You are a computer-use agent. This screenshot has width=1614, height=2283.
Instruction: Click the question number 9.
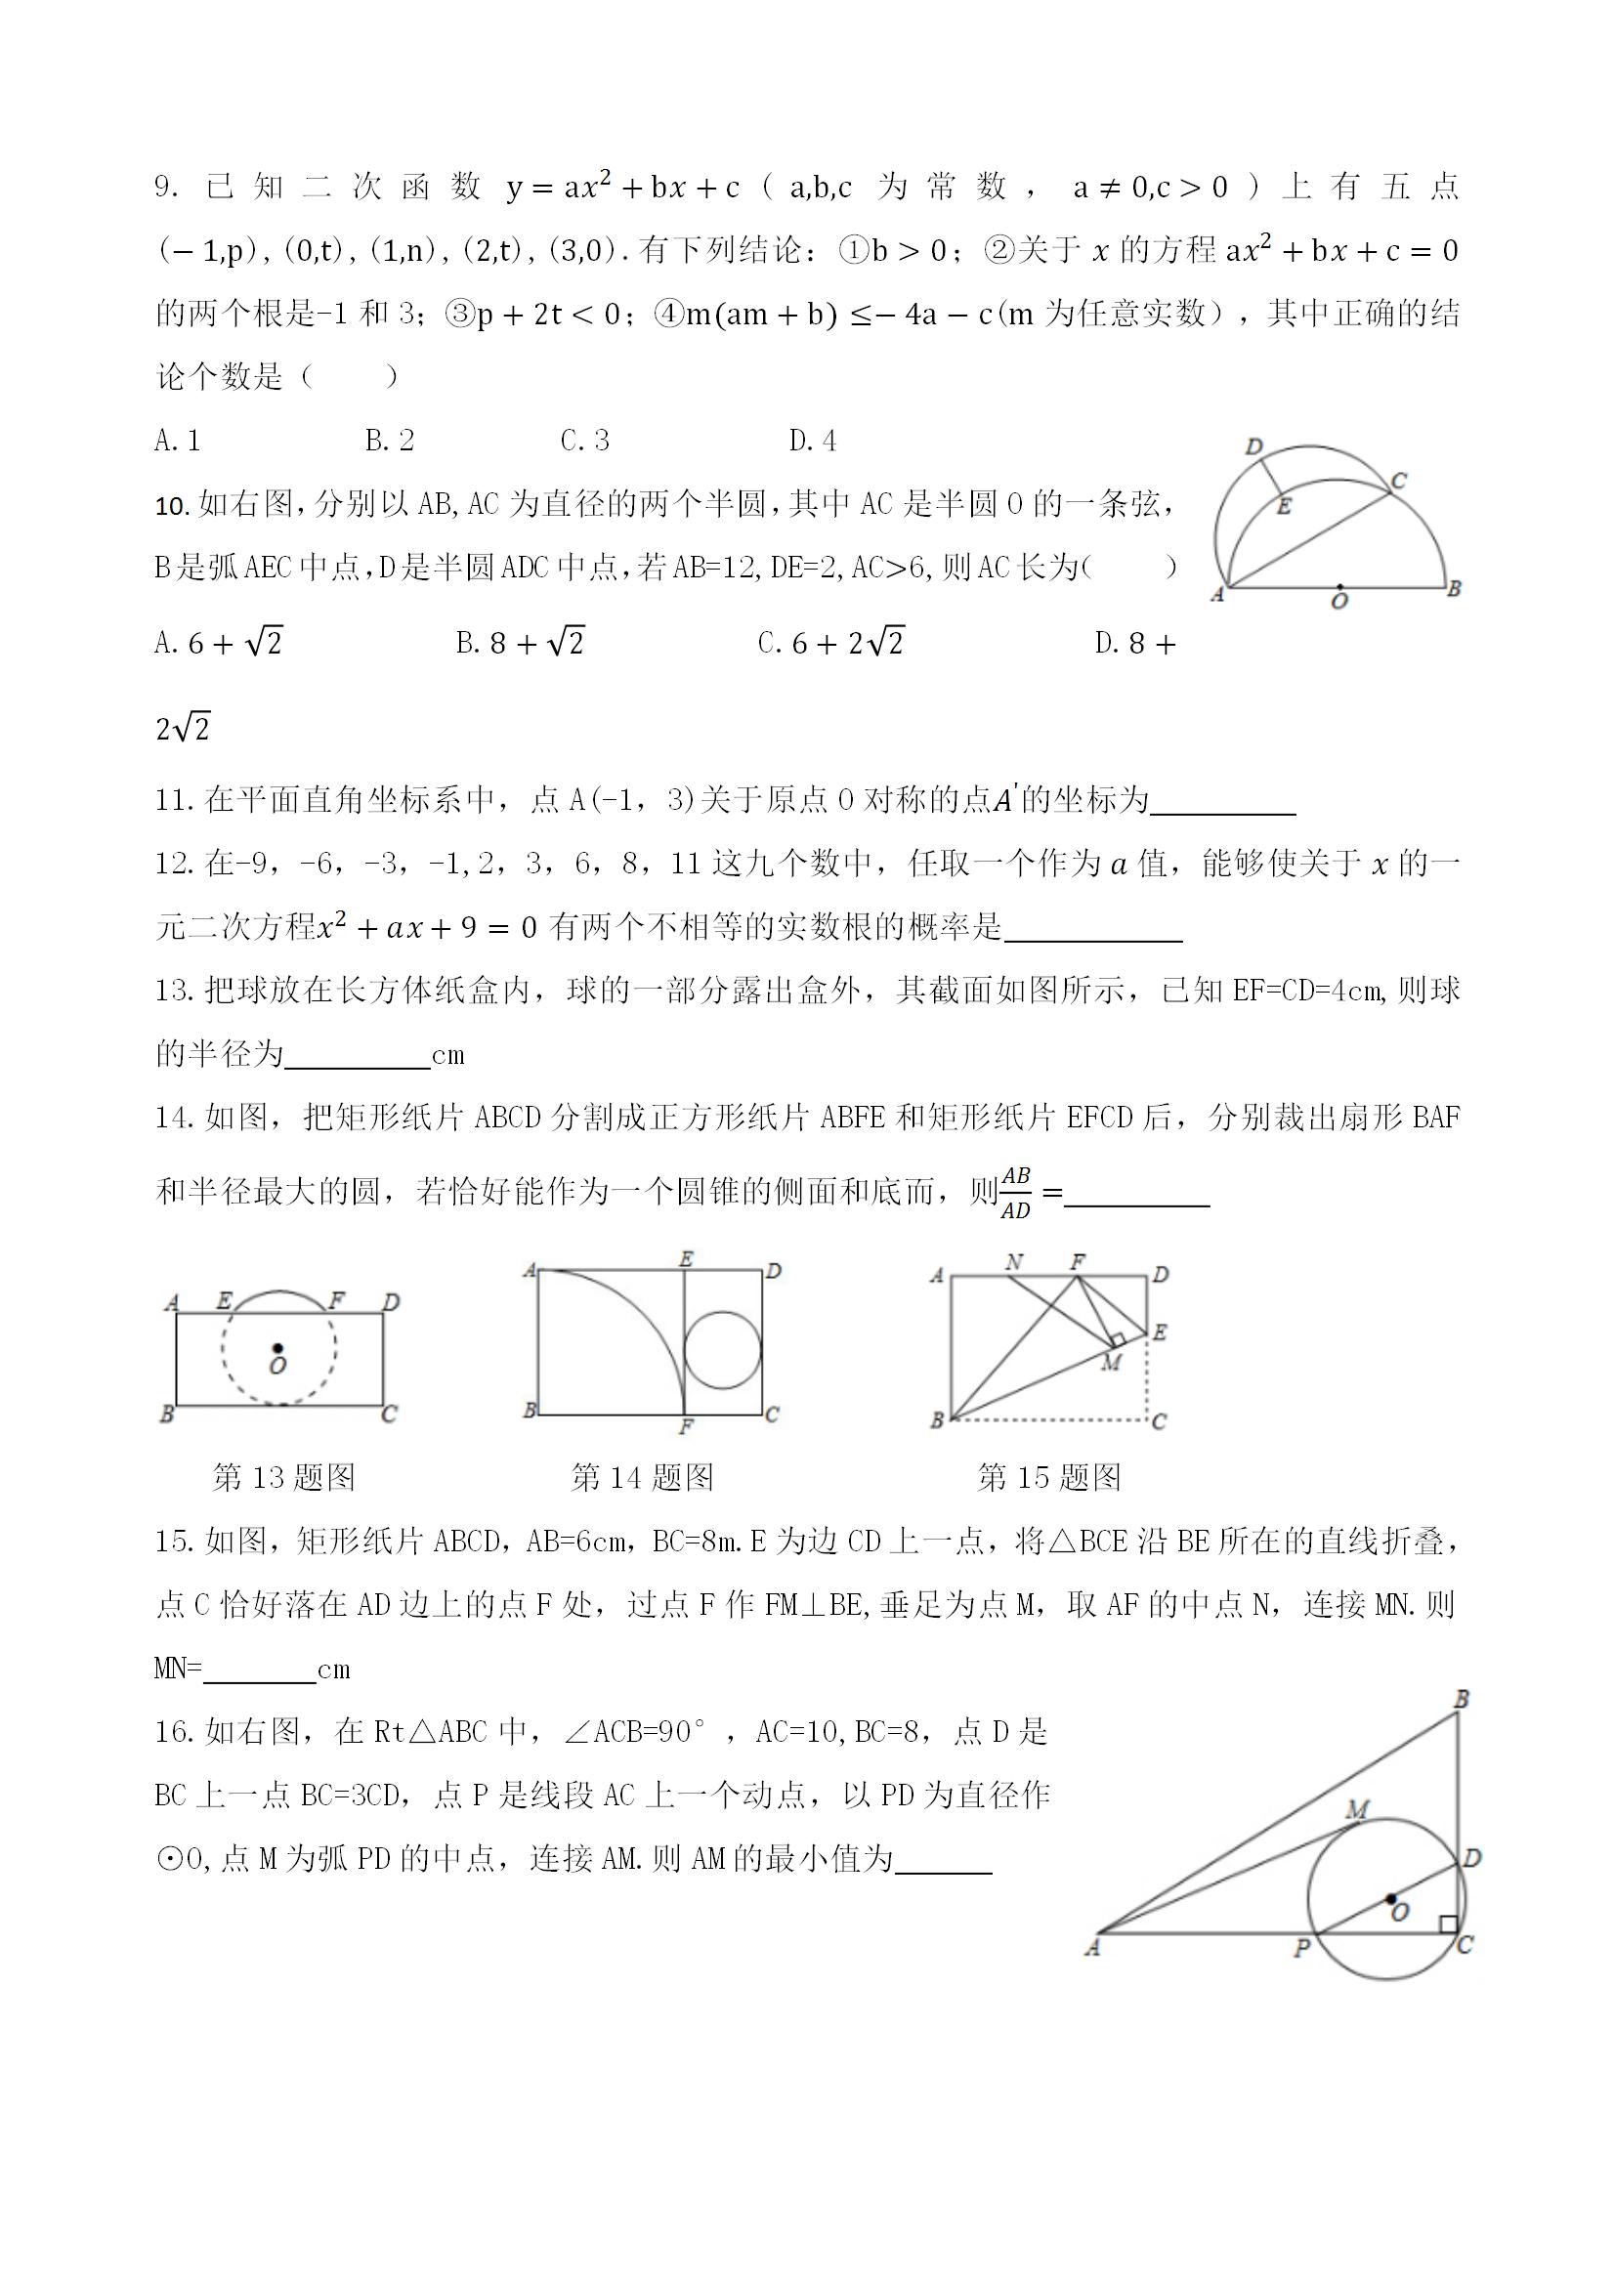tap(166, 188)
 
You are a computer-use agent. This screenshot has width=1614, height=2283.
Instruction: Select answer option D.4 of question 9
tap(813, 441)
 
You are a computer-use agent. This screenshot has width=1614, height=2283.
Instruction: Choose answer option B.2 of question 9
tap(389, 441)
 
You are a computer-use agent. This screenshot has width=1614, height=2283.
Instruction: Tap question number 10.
tap(172, 506)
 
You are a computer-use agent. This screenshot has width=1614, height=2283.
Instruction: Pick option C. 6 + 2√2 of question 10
tap(830, 644)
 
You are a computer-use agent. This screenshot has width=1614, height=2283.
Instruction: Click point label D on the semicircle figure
tap(1254, 446)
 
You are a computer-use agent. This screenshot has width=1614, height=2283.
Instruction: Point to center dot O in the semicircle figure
tap(1339, 587)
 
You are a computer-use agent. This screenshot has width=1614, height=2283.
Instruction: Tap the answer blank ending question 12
tap(1093, 930)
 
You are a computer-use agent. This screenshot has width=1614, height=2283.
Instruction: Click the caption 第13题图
tap(283, 1478)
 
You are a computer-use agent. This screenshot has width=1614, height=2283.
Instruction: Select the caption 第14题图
tap(643, 1478)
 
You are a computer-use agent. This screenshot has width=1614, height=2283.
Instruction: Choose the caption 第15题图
tap(1049, 1478)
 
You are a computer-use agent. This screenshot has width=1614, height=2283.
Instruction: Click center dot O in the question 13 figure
tap(277, 1348)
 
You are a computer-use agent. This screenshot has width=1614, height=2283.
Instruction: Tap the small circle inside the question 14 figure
tap(723, 1349)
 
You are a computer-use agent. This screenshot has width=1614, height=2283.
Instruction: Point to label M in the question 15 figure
tap(1112, 1363)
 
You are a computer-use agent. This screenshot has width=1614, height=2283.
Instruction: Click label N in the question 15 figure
tap(1013, 1263)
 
